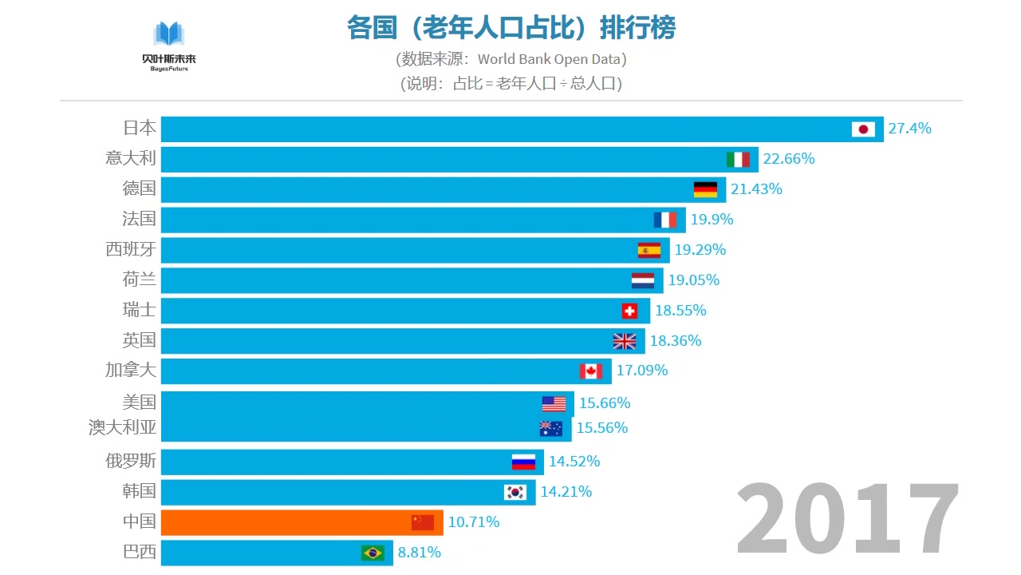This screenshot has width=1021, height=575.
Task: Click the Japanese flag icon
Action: click(863, 129)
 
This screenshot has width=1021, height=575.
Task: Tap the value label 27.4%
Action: click(909, 129)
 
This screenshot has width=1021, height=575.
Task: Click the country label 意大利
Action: click(131, 158)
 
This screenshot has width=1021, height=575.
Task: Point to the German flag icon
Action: click(705, 189)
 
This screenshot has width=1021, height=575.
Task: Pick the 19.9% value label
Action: click(712, 220)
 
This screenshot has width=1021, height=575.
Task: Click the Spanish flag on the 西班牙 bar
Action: click(649, 250)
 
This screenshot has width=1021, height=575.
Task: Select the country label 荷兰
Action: click(139, 280)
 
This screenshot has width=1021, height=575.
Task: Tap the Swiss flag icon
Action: click(629, 311)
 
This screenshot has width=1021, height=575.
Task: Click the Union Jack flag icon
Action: click(625, 341)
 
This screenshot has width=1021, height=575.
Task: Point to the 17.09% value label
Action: click(642, 371)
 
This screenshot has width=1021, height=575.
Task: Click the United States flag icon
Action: click(554, 403)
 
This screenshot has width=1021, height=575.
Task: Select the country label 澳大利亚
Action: click(123, 428)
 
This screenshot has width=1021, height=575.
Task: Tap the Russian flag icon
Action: click(523, 462)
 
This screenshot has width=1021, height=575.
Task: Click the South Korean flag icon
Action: click(515, 492)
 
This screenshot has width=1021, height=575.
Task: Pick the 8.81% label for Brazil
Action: click(420, 553)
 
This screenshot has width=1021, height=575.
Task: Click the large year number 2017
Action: click(847, 519)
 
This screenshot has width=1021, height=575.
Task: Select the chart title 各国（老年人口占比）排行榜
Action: click(511, 28)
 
